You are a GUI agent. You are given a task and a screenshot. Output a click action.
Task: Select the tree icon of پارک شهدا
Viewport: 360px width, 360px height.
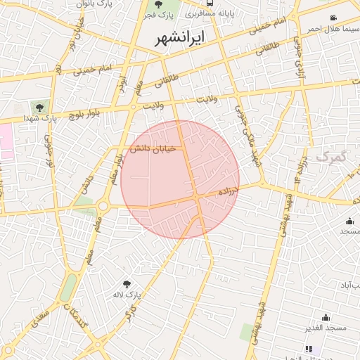[39, 108]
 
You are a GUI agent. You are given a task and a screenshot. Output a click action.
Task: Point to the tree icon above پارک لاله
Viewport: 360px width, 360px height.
[127, 284]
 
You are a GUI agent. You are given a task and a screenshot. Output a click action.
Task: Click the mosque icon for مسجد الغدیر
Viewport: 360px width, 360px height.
[326, 317]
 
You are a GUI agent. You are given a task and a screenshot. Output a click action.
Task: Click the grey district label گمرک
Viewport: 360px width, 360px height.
[331, 155]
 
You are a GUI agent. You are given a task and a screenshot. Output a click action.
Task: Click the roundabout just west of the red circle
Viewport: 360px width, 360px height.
[103, 206]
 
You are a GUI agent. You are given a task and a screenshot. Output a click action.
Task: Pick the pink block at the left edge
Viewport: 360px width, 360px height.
[6, 141]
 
